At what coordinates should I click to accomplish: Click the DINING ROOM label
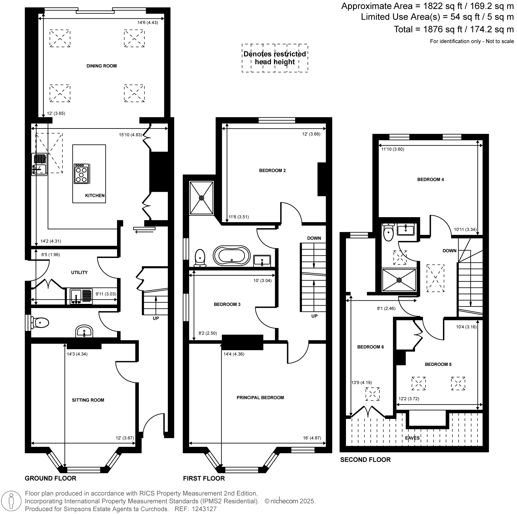point(102,66)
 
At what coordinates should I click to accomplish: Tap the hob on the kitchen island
point(81,174)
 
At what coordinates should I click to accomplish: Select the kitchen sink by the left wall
point(40,164)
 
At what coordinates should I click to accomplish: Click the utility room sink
point(81,296)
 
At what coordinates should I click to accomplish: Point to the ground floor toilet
point(40,323)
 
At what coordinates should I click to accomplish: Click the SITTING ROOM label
point(88,400)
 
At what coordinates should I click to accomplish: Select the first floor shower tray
point(202,198)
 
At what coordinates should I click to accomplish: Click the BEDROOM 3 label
point(227,304)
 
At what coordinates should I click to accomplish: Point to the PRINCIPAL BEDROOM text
point(260,397)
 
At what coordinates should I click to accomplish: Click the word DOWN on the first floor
point(314,238)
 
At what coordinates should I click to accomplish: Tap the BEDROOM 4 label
point(431,180)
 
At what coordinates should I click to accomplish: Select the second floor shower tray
point(399,280)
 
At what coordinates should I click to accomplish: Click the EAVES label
point(413,438)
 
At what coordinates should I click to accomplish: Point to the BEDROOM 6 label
point(371,347)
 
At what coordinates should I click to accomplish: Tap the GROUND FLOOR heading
point(50,478)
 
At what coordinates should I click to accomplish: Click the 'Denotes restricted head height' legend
point(275,58)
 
